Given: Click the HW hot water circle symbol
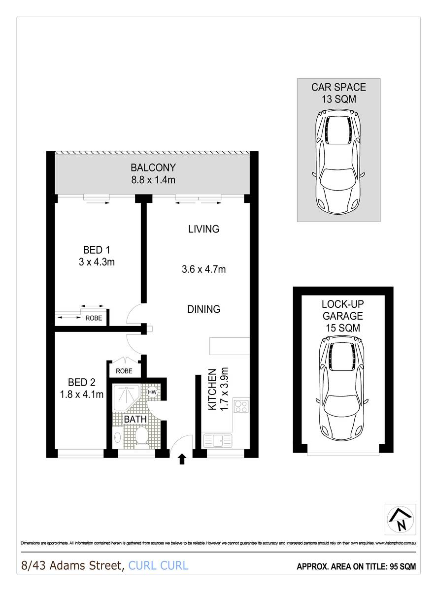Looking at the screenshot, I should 153,392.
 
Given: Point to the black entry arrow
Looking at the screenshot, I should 182,459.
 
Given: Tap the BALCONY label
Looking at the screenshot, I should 153,168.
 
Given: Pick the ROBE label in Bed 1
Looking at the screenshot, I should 94,318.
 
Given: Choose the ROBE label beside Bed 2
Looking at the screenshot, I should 124,371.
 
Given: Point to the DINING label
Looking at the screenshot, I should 203,309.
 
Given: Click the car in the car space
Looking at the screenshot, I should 338,160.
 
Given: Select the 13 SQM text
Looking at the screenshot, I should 338,99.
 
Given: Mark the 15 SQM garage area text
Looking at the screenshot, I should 342,328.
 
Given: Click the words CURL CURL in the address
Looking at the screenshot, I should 158,565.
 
